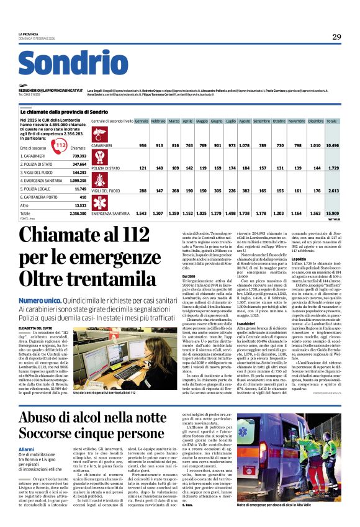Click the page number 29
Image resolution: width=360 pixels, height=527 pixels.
[x=336, y=37]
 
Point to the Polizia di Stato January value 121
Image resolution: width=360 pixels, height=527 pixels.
[x=143, y=168]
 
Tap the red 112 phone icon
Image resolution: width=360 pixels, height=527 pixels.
[x=60, y=145]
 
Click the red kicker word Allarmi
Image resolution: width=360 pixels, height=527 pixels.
[x=27, y=448]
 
